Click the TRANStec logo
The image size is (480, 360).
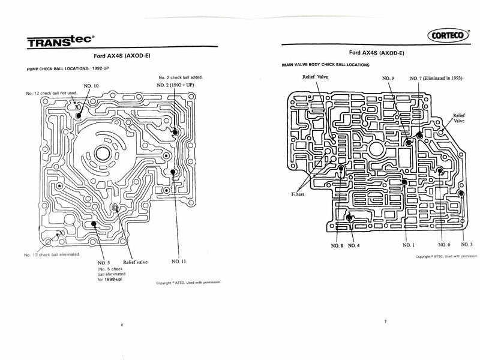pyautogui.click(x=59, y=41)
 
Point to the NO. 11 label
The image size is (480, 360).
pyautogui.click(x=179, y=262)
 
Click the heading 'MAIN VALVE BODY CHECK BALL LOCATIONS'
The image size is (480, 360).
pyautogui.click(x=328, y=64)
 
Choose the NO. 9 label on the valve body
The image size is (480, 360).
pyautogui.click(x=389, y=79)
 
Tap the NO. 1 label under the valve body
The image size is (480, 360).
pyautogui.click(x=407, y=245)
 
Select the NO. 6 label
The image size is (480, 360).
pyautogui.click(x=444, y=245)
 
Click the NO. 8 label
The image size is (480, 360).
pyautogui.click(x=337, y=245)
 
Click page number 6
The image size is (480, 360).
pyautogui.click(x=122, y=325)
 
